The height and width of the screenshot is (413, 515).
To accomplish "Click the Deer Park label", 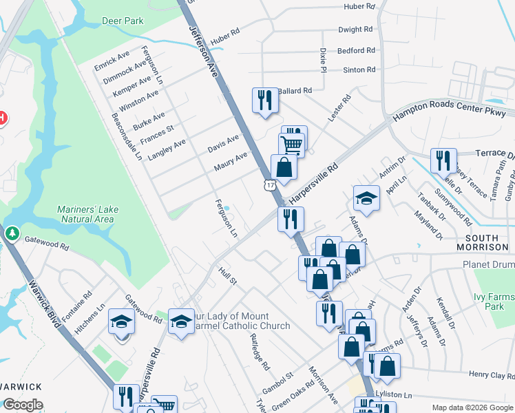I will (123, 21).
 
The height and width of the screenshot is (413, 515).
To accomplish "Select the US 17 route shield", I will (269, 184).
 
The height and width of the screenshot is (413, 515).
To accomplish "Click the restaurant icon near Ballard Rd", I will (264, 100).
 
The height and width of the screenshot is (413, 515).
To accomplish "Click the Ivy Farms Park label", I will (494, 301).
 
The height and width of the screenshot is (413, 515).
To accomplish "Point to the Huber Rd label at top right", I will (359, 6).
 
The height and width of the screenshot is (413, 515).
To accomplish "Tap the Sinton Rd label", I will (360, 70).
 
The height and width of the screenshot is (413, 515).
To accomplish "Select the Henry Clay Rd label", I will (492, 374).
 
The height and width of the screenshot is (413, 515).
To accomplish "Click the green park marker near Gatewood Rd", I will (12, 235).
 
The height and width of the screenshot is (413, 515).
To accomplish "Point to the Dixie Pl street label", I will (322, 59).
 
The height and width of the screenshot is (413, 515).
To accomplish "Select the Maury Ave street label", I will (230, 162).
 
